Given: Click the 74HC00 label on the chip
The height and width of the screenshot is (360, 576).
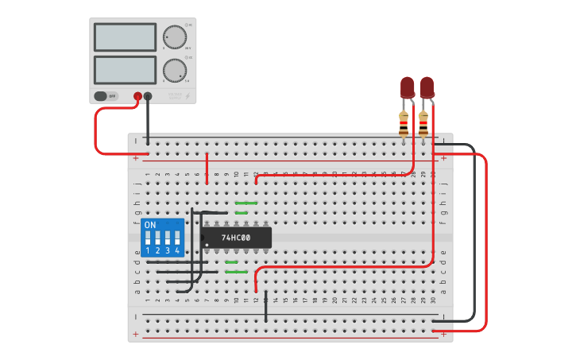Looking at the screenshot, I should point(235,238).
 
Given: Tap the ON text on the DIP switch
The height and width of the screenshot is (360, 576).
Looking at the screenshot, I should point(150,225).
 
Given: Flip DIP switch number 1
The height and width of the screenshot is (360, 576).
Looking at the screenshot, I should point(149,238).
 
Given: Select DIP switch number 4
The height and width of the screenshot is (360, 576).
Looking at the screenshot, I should point(177,238).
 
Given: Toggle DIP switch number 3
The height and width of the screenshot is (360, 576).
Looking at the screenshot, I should point(168,238).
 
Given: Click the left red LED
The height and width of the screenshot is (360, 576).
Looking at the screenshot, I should point(408,87).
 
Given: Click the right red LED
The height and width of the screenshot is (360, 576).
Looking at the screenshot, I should point(427,87).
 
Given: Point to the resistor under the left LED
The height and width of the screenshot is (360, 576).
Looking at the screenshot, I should point(404,123).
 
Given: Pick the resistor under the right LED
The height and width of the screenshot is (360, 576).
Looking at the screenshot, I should point(423,123).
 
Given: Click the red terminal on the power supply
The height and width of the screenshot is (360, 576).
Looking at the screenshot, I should point(137,96).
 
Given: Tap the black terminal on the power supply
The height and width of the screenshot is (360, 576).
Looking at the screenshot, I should point(148,96).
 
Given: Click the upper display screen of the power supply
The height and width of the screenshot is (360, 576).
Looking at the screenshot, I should point(125,37).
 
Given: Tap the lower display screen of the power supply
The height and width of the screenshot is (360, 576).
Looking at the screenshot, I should point(125,69).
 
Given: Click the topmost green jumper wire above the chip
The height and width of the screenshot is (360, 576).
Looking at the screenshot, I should point(245,203).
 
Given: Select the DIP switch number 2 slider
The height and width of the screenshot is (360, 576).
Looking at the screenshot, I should point(158,238).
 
